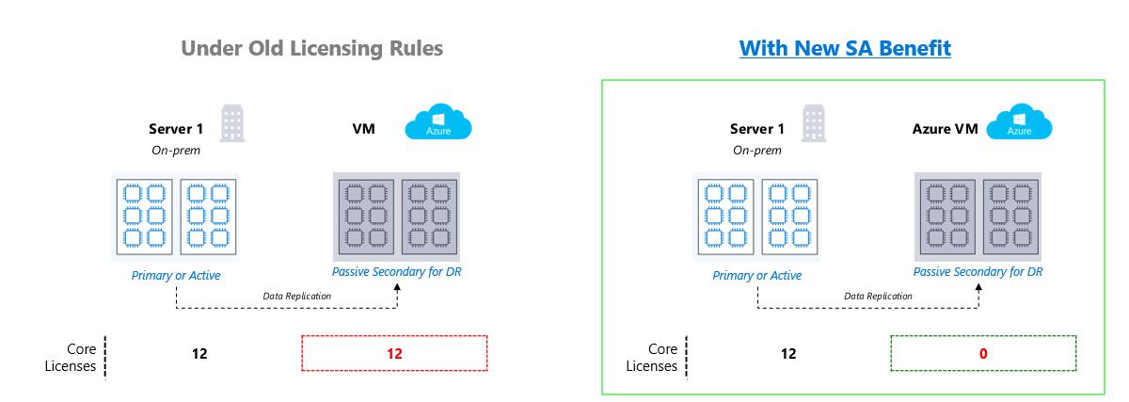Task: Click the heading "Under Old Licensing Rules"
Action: tap(311, 48)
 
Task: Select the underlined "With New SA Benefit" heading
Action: tap(845, 48)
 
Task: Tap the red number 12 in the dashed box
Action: tap(394, 354)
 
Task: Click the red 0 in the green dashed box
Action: tap(982, 354)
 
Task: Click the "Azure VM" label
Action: tap(946, 129)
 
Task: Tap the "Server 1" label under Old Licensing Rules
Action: tap(177, 129)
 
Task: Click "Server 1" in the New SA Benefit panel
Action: tap(757, 129)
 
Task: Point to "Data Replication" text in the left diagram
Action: tap(295, 296)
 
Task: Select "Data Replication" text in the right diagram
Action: tap(877, 296)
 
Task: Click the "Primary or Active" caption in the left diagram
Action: tap(176, 275)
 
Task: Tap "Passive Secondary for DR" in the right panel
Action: tap(978, 272)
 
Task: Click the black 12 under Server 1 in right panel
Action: tap(788, 354)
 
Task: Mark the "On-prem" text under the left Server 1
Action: tap(176, 150)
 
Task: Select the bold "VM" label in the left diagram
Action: tap(363, 129)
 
